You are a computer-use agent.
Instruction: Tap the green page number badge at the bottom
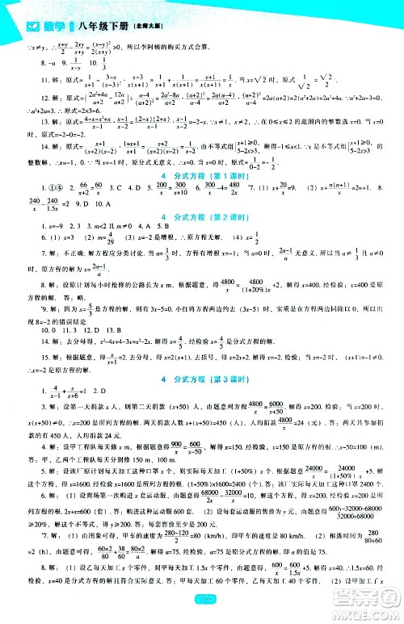[x=202, y=617]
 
